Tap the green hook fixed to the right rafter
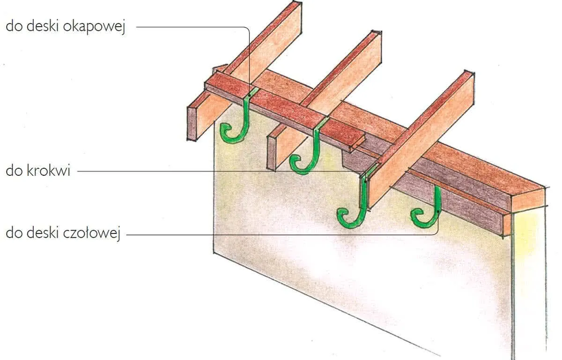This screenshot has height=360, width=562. click(x=360, y=202)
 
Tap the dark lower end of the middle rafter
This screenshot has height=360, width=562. click(x=272, y=152)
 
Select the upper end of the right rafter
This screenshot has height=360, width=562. click(x=464, y=80)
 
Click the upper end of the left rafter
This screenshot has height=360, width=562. click(x=294, y=9)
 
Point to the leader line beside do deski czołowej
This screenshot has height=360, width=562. click(x=281, y=234)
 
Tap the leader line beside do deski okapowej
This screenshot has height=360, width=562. click(x=192, y=27)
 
